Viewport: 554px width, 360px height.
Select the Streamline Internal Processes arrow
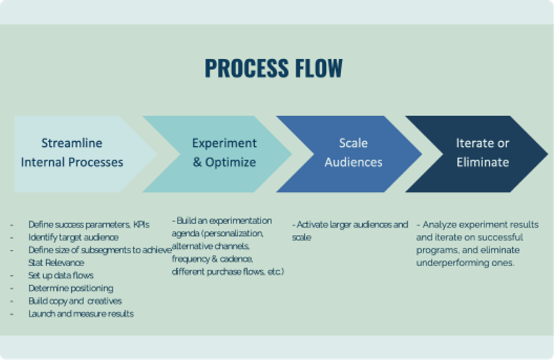click(72, 153)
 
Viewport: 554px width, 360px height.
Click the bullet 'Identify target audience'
click(73, 237)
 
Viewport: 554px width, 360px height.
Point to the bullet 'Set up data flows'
click(61, 275)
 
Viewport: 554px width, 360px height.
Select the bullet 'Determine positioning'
click(71, 288)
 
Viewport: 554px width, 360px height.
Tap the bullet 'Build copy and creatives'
click(75, 301)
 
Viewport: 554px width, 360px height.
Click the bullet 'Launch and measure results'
click(81, 313)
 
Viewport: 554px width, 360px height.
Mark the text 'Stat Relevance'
click(57, 263)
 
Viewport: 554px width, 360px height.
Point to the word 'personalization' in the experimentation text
click(233, 233)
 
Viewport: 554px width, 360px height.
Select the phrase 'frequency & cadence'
click(212, 259)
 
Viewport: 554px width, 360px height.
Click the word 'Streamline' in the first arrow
click(72, 143)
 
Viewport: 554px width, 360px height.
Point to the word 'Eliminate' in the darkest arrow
click(482, 162)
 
